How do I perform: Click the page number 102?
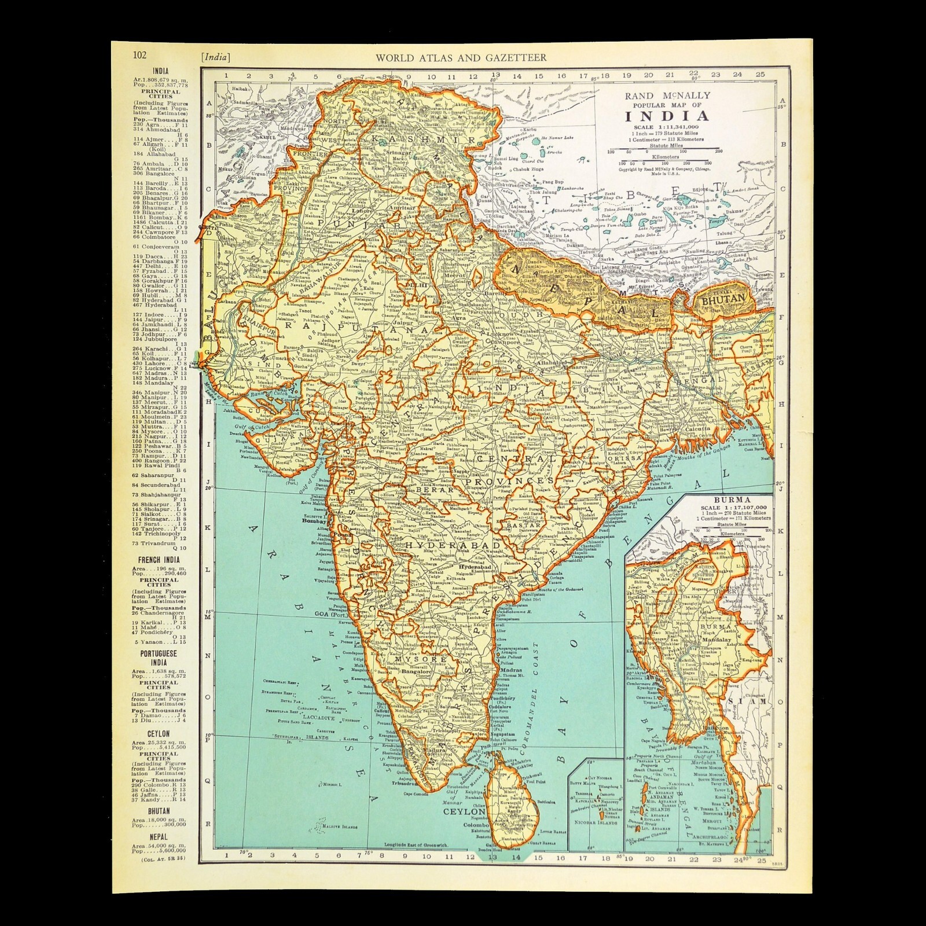pos(139,56)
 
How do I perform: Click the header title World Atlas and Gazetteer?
pos(461,57)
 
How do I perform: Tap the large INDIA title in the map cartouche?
pos(667,115)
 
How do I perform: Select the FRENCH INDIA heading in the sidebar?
pos(159,560)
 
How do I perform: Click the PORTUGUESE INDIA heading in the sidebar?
pos(159,657)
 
